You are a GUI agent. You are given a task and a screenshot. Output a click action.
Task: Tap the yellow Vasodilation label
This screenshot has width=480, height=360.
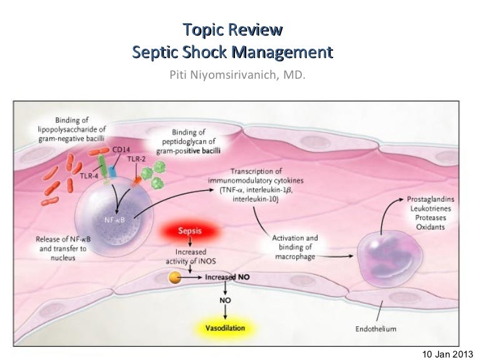pos(225,327)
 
